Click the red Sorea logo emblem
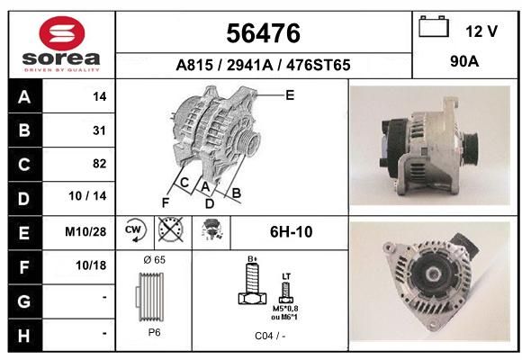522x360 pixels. [x=61, y=33]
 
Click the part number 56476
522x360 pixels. [x=264, y=33]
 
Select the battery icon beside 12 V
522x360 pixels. [x=434, y=27]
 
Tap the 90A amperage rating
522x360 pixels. [x=464, y=61]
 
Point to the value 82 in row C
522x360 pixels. [x=100, y=164]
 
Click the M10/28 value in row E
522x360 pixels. [x=85, y=232]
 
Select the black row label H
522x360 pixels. [x=24, y=336]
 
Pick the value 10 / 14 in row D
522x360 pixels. [x=87, y=196]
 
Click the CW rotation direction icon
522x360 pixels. [x=135, y=230]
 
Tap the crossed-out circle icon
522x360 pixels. [x=171, y=229]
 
